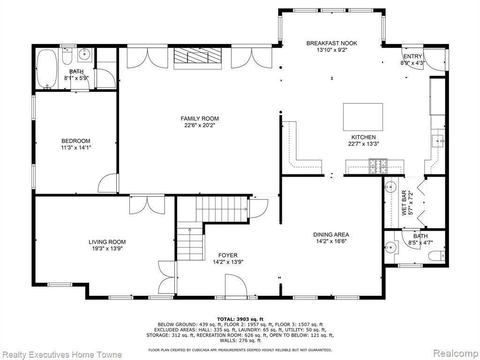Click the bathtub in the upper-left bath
[x=46, y=69]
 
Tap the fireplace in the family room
[x=197, y=59]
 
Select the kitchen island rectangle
[x=363, y=117]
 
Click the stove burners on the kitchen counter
[x=378, y=166]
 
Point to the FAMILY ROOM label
[x=200, y=119]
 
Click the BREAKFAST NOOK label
[x=332, y=43]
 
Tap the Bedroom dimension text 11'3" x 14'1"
[x=76, y=148]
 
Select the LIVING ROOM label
[x=107, y=242]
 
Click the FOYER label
[x=228, y=255]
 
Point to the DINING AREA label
[x=331, y=234]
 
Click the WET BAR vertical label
[x=404, y=203]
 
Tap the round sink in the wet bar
[x=390, y=187]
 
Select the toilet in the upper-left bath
[x=67, y=56]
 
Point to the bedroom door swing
[x=108, y=184]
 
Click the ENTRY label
[x=412, y=56]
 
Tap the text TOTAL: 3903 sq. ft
[x=240, y=319]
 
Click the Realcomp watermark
[x=456, y=353]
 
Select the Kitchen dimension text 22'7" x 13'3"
[x=363, y=144]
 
